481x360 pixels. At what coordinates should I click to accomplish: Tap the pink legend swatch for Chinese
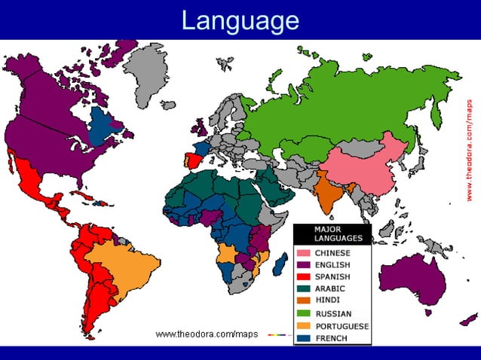click(x=303, y=253)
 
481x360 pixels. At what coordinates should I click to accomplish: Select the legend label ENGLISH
click(x=332, y=265)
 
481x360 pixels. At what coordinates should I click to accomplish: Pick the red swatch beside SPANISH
click(x=303, y=277)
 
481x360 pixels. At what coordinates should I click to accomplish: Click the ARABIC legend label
click(x=330, y=289)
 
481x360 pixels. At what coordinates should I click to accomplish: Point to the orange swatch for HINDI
click(x=303, y=301)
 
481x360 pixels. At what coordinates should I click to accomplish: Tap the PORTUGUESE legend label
click(x=342, y=326)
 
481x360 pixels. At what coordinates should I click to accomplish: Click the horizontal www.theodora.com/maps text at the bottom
click(x=207, y=334)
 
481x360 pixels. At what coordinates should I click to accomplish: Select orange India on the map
click(x=330, y=193)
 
